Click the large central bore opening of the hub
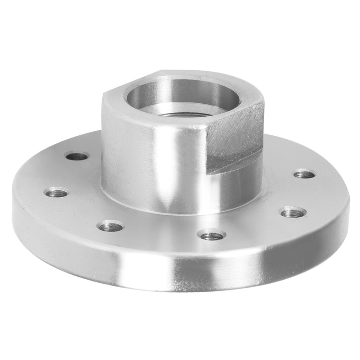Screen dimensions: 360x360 tap(182, 97)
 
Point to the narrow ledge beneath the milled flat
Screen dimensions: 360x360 tap(234, 164)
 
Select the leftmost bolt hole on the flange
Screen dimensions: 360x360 tap(57, 192)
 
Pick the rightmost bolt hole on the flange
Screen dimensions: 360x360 tap(305, 174)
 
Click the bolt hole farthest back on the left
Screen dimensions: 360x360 tap(77, 156)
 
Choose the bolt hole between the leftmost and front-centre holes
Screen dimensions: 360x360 tap(111, 226)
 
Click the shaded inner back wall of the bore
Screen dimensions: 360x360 tap(180, 88)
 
